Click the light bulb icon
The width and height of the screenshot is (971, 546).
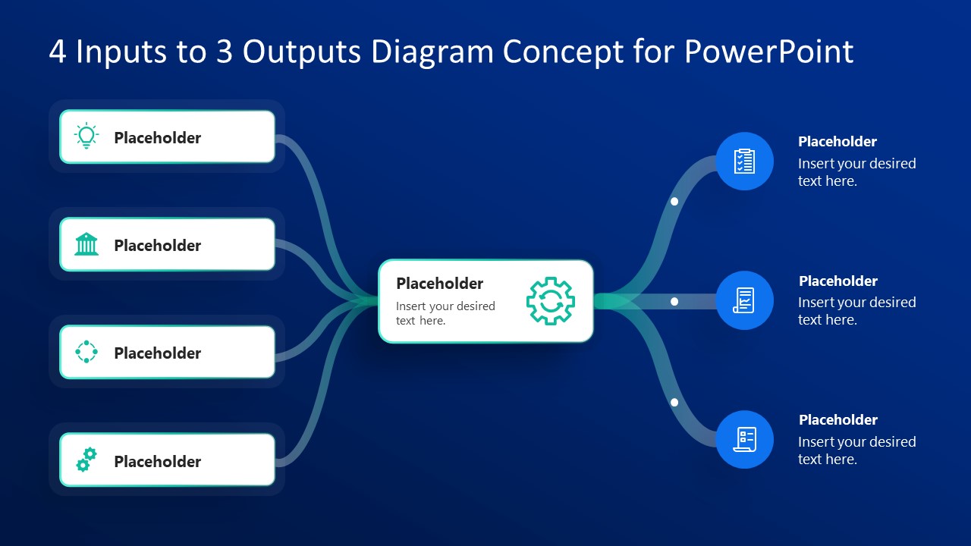click(86, 136)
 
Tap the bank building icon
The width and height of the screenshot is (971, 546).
click(86, 244)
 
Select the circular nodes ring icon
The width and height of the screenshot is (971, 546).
click(86, 352)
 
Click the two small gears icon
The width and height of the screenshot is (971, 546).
click(86, 460)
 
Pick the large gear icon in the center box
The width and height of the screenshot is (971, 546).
click(551, 301)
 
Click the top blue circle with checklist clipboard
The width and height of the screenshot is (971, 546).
click(744, 161)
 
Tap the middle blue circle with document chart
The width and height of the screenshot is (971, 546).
click(744, 300)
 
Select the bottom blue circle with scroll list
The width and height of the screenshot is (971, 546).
click(744, 439)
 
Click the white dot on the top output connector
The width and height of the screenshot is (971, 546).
click(674, 202)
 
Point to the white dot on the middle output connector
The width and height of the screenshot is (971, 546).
click(674, 302)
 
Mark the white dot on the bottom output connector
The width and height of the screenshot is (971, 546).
click(674, 403)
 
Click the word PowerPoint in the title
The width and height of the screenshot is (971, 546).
click(768, 52)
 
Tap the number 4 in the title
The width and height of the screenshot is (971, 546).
click(58, 52)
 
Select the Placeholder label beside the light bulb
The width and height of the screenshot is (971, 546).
click(157, 137)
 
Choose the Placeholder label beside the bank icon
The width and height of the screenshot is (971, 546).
click(157, 245)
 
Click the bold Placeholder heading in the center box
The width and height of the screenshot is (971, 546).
click(439, 283)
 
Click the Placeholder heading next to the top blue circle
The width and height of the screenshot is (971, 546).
click(837, 142)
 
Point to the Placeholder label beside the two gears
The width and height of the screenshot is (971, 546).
click(157, 461)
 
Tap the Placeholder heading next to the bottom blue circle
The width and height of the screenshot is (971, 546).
click(837, 420)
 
